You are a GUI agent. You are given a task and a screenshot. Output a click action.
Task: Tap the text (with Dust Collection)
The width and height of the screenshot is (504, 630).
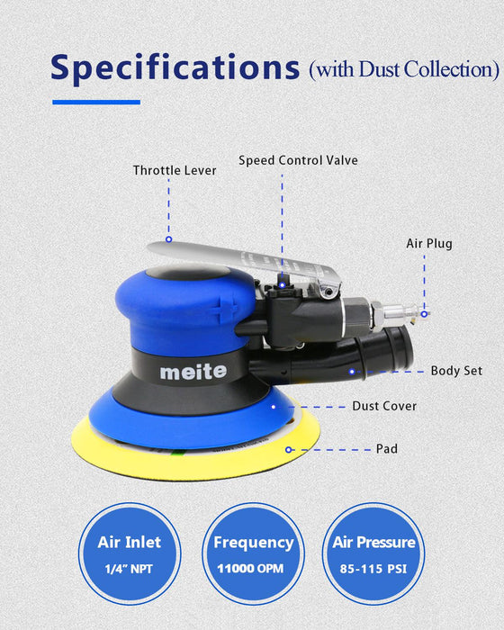[x=403, y=68]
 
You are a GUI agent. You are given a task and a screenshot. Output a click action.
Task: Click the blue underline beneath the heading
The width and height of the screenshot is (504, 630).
[x=96, y=102]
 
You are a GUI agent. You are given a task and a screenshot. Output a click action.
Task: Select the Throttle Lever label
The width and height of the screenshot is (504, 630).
[x=175, y=170]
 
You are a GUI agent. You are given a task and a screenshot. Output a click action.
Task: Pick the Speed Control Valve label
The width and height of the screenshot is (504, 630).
[x=298, y=160]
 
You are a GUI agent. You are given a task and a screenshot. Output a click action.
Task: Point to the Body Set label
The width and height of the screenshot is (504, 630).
[x=456, y=370]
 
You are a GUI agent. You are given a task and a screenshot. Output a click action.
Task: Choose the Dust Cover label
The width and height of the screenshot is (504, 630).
[x=384, y=406]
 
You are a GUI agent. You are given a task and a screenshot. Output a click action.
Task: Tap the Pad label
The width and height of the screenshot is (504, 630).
[x=386, y=447]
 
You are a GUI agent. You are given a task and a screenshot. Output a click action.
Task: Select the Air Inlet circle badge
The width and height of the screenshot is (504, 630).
[x=129, y=553]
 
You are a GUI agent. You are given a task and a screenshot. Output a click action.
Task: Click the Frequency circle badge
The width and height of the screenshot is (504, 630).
[x=253, y=553]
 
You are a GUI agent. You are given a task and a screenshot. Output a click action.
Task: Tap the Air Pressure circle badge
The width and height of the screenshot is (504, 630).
[x=373, y=553]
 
